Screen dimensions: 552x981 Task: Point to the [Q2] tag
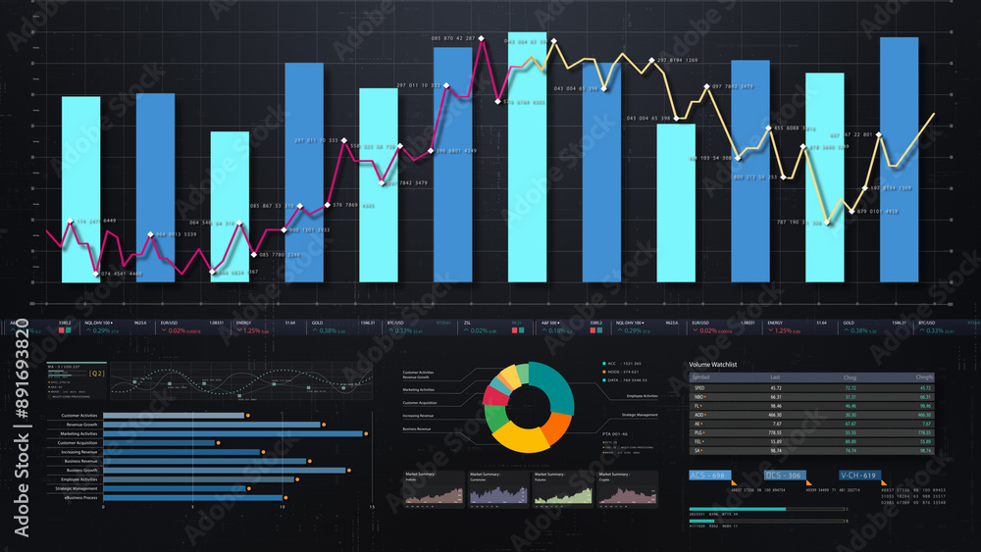96,374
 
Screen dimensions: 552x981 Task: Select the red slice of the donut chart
495,396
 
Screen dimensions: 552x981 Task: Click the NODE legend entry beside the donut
623,372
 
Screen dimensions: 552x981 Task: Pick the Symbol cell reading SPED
699,387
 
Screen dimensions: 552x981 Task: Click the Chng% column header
924,376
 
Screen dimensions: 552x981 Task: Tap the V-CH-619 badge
859,476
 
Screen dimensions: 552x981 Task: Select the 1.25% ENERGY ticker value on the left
251,330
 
